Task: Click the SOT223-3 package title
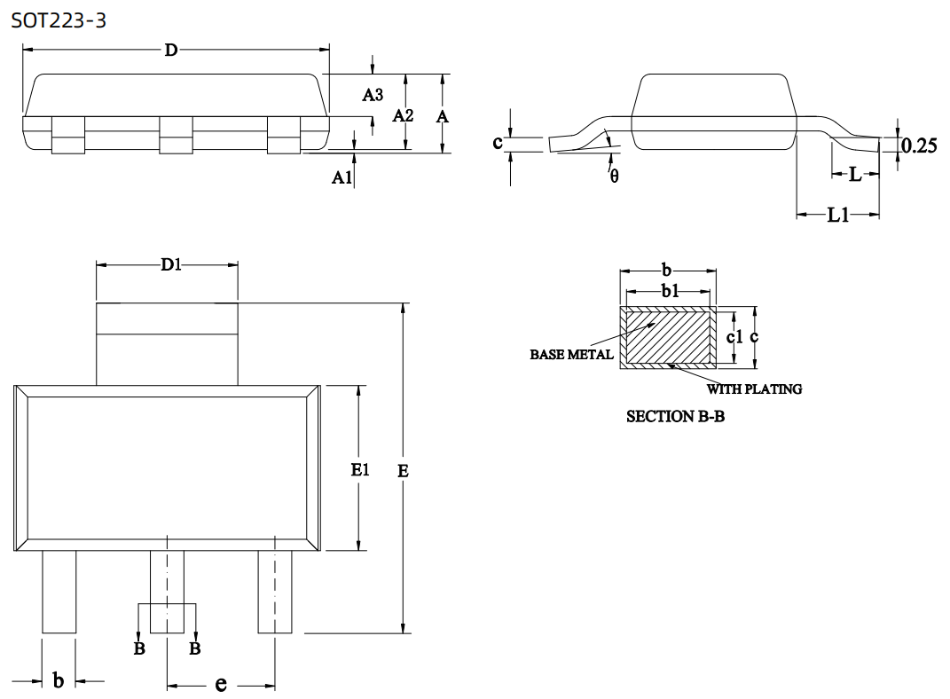(59, 20)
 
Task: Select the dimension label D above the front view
(170, 51)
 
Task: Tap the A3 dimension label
(373, 95)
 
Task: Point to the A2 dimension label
(404, 115)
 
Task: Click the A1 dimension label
(342, 178)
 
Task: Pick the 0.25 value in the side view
(919, 146)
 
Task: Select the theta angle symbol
(614, 177)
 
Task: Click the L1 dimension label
(838, 215)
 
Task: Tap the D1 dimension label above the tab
(170, 264)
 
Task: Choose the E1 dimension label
(359, 470)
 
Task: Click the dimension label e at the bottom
(221, 684)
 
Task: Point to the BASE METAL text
(571, 355)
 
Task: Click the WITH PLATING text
(754, 389)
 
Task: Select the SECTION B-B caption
(675, 416)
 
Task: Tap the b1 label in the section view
(670, 291)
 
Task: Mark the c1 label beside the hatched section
(734, 337)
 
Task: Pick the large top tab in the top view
(167, 344)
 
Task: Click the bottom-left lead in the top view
(59, 592)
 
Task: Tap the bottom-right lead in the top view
(275, 592)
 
